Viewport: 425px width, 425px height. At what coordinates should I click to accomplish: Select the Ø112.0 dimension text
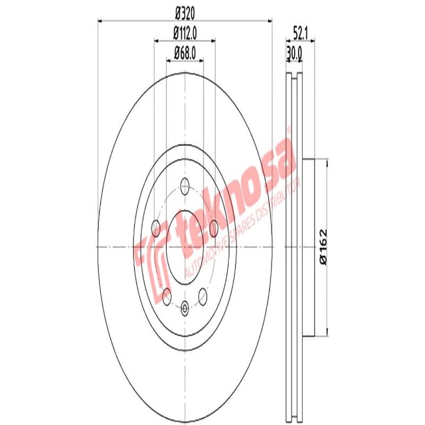pyautogui.click(x=184, y=33)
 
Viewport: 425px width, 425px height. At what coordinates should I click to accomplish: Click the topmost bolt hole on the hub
pyautogui.click(x=185, y=185)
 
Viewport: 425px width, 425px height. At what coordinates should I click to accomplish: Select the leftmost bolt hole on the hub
pyautogui.click(x=156, y=228)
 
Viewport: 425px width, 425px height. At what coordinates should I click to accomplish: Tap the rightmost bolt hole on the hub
pyautogui.click(x=214, y=228)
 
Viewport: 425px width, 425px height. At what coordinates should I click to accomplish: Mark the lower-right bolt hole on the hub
pyautogui.click(x=203, y=294)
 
